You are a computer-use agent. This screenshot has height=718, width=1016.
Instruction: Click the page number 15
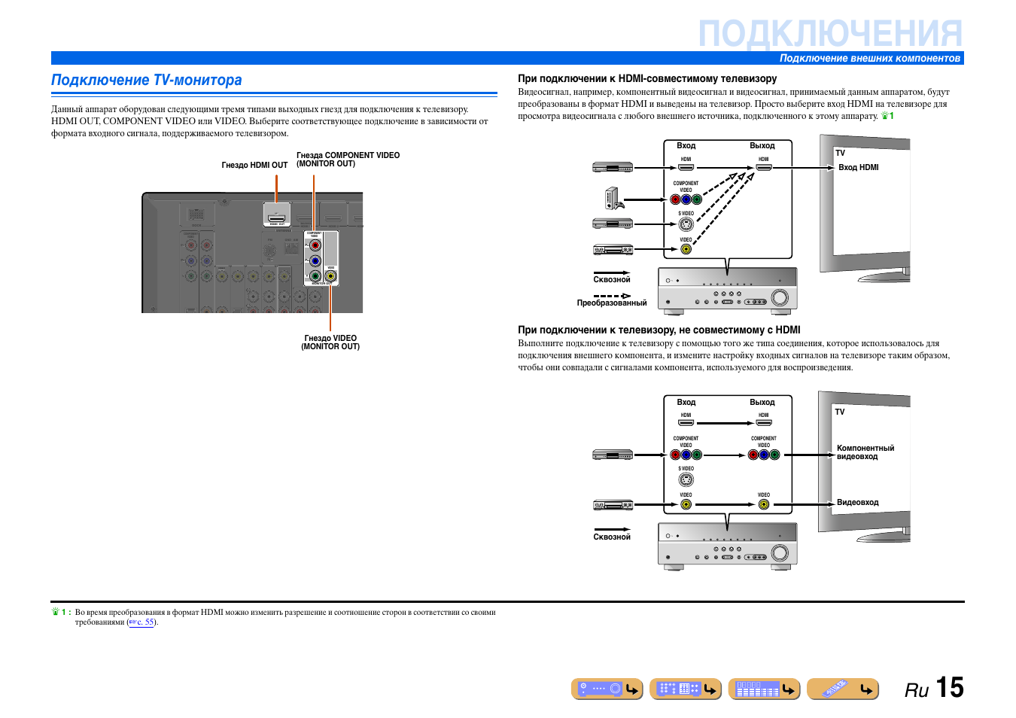[949, 688]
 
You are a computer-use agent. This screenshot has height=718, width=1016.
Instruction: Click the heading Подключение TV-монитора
[147, 81]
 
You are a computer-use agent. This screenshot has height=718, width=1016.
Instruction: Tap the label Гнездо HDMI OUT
[254, 166]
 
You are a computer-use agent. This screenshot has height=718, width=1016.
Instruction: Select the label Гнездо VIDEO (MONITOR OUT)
[330, 342]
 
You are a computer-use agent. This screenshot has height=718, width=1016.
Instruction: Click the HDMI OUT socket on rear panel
[277, 215]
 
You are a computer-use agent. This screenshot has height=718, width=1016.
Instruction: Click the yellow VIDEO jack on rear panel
[330, 276]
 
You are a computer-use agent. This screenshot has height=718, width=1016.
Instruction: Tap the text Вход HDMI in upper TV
[858, 168]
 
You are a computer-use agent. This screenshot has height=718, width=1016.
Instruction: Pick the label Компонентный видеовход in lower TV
[865, 452]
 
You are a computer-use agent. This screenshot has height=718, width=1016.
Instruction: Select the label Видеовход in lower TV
[857, 503]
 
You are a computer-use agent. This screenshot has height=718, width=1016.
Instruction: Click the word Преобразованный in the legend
[612, 303]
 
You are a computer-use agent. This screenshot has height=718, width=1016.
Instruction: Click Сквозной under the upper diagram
[612, 280]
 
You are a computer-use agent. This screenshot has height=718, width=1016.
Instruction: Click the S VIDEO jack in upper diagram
[686, 224]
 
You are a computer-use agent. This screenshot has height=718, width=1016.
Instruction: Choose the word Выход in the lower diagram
[762, 403]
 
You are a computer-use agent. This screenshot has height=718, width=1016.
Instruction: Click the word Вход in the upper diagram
[686, 146]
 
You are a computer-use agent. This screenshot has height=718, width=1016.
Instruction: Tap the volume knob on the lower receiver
[780, 553]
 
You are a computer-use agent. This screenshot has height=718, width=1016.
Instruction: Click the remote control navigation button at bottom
[842, 689]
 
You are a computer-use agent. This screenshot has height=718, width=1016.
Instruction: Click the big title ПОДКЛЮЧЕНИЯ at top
[829, 34]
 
